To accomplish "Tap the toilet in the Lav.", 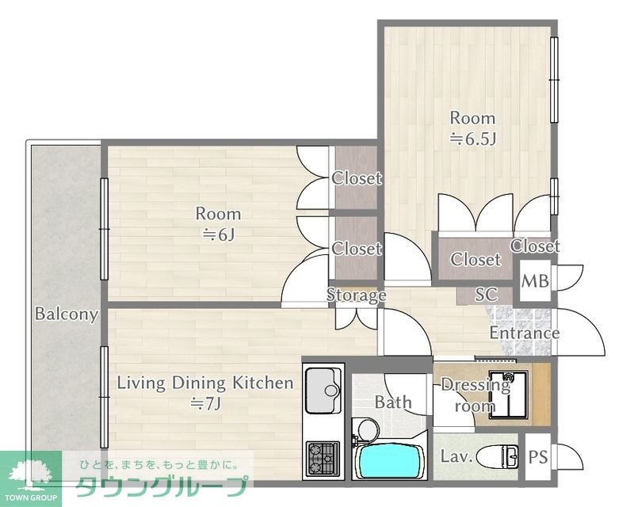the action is click(498, 457).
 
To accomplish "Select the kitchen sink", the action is click(323, 390).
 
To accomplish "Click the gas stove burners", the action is click(323, 458).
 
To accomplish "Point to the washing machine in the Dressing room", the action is click(508, 394).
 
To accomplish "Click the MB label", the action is click(534, 281).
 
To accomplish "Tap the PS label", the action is click(538, 457).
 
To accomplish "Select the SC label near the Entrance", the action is click(486, 295).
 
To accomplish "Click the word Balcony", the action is click(67, 314).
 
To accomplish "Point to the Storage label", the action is click(356, 295).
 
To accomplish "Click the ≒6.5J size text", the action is click(473, 139).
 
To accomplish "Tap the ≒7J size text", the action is click(205, 403).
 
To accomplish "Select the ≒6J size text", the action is click(219, 234).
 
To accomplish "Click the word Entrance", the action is click(525, 333).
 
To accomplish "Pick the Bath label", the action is click(393, 402).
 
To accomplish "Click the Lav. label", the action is click(456, 456).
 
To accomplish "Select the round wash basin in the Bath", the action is click(369, 428).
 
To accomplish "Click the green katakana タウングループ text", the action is click(162, 486).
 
